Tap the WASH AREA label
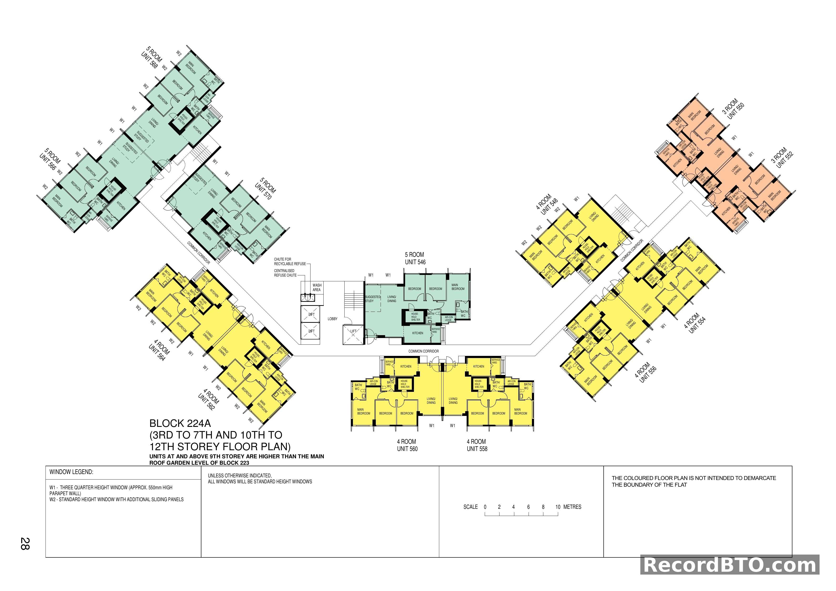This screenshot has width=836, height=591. click(316, 288)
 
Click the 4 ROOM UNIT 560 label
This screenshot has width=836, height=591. click(407, 445)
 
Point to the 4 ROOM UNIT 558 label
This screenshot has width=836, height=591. click(477, 445)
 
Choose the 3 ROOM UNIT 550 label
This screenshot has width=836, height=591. click(733, 108)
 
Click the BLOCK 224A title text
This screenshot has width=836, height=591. click(180, 424)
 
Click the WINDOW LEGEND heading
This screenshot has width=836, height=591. click(71, 472)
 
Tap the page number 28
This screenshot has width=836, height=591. click(25, 543)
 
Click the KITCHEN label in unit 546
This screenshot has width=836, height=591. click(417, 333)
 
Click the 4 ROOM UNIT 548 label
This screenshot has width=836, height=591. click(546, 204)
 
